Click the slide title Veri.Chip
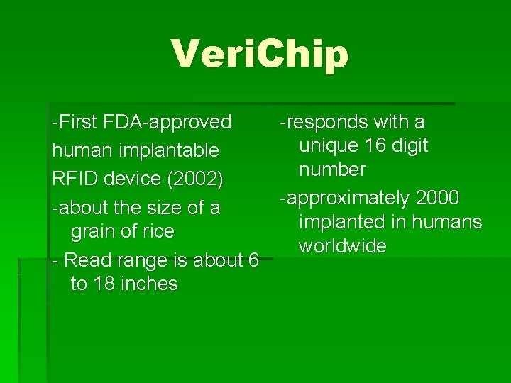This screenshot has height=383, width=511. tap(260, 55)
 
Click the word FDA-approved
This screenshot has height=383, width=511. tap(167, 122)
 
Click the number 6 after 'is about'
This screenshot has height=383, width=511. tap(253, 260)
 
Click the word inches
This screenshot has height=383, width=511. tap(150, 284)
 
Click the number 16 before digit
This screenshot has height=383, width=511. tap(376, 146)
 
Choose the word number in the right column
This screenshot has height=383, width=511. tap(332, 170)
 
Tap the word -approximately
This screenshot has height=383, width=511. tap(344, 198)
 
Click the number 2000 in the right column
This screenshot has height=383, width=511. tap(437, 198)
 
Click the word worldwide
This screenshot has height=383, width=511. tap(342, 246)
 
